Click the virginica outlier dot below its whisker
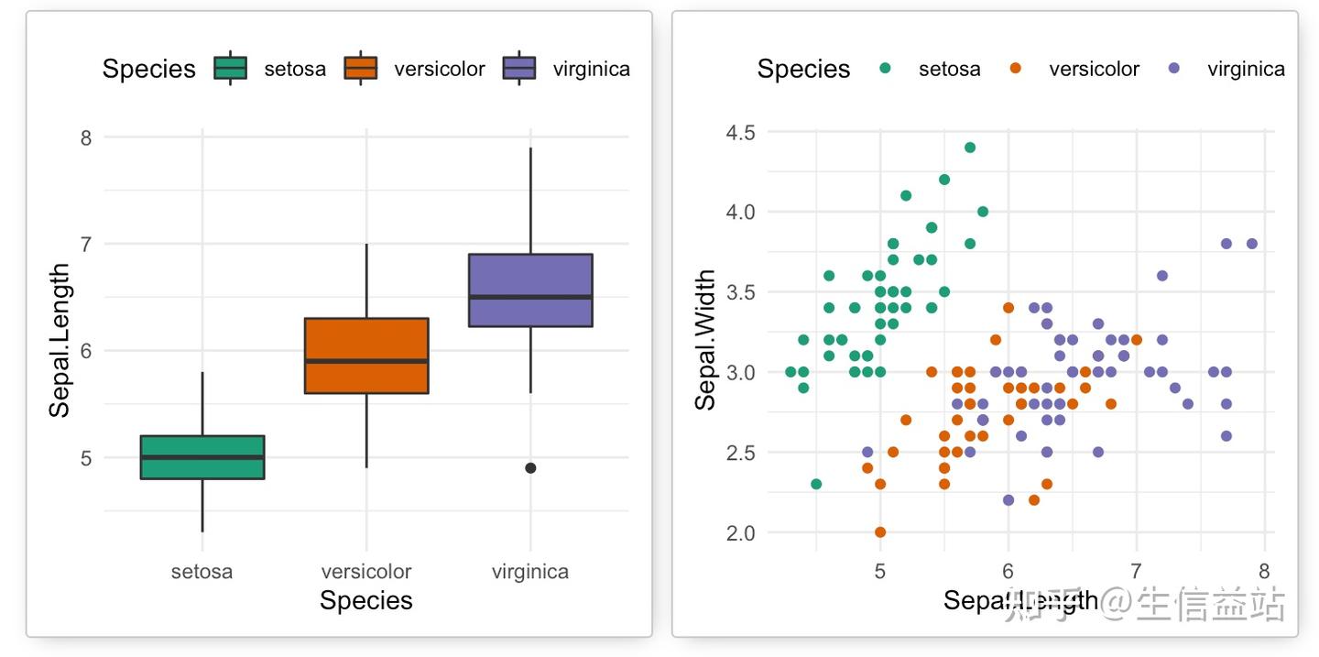tap(530, 468)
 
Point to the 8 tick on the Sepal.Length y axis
tap(86, 137)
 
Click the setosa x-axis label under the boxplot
tap(202, 572)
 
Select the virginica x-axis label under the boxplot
tap(530, 572)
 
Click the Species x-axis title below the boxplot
tap(366, 600)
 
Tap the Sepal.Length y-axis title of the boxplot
tap(60, 341)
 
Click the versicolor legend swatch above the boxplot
tap(361, 69)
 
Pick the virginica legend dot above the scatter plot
tap(1175, 69)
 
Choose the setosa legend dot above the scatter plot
tap(885, 69)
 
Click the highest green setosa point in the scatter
tap(970, 148)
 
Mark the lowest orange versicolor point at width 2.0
tap(880, 532)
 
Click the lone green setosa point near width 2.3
tap(816, 484)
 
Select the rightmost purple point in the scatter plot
tap(1252, 244)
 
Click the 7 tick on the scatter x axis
tap(1137, 570)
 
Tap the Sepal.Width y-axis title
tap(705, 340)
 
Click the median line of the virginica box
tap(530, 297)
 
